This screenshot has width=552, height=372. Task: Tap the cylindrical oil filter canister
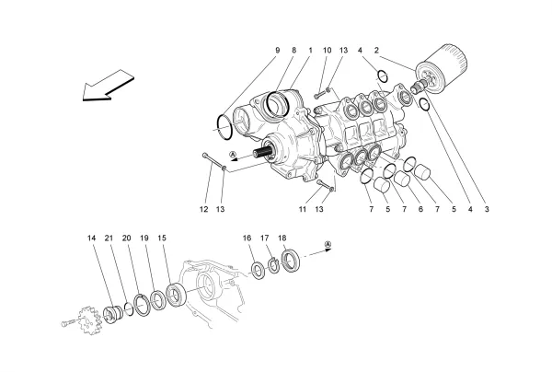(x=445, y=70)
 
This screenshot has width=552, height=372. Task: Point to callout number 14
(x=92, y=238)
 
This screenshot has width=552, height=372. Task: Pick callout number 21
(x=109, y=238)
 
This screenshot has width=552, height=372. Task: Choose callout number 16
(x=247, y=238)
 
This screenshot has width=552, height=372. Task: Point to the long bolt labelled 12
(x=211, y=164)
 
